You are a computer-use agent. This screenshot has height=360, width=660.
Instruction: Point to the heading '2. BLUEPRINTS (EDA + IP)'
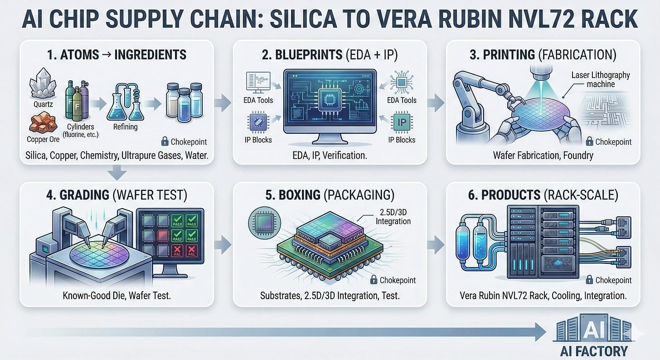coord(330,55)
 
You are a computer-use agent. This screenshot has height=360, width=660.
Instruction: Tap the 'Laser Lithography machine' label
coord(601,79)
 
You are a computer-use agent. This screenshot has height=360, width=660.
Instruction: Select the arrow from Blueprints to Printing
coord(435,103)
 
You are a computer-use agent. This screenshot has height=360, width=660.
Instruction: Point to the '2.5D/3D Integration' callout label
coord(393,217)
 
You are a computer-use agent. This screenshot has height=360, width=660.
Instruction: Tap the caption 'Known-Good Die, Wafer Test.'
coord(116,296)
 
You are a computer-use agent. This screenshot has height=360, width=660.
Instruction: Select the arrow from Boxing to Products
coord(436,244)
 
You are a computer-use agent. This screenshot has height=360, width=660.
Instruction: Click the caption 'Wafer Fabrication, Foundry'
coord(543,156)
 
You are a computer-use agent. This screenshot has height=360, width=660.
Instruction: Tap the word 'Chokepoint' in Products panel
coord(613,280)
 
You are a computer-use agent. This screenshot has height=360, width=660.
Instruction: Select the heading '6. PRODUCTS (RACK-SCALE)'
coord(543,195)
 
